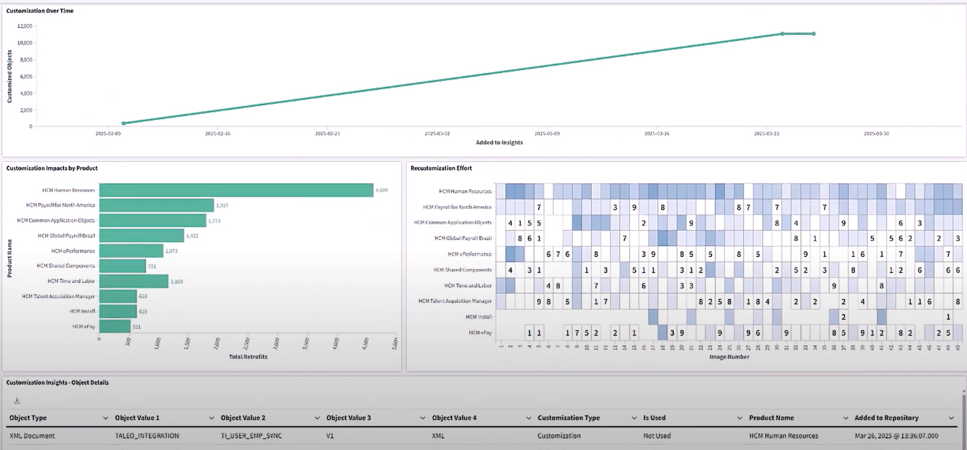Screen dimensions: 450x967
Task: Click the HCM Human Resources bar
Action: click(x=236, y=190)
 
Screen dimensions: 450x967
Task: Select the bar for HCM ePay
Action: click(x=115, y=326)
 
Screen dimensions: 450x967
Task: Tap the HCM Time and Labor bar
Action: click(x=134, y=281)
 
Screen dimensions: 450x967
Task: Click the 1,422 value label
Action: click(x=192, y=235)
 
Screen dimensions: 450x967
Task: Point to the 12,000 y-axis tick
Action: click(x=25, y=26)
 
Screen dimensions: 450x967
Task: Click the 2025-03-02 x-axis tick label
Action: click(x=437, y=134)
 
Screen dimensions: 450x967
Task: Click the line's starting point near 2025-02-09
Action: click(x=124, y=123)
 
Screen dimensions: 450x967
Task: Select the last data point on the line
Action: click(x=814, y=34)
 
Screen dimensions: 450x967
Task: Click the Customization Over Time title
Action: click(x=40, y=11)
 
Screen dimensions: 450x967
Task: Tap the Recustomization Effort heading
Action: click(x=441, y=168)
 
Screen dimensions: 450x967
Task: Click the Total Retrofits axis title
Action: click(x=248, y=357)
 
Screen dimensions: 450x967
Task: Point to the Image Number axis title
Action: click(x=729, y=357)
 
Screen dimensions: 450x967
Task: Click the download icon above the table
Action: click(x=17, y=401)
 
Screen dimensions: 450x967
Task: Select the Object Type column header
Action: click(x=28, y=418)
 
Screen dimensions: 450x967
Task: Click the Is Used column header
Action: click(x=654, y=418)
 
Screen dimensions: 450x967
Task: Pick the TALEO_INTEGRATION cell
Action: click(x=147, y=436)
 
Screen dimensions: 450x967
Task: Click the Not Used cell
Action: click(x=656, y=436)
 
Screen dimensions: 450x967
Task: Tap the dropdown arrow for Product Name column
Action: click(x=845, y=418)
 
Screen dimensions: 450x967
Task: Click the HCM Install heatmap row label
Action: click(x=479, y=317)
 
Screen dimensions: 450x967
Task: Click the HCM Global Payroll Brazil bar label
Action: click(x=67, y=235)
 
